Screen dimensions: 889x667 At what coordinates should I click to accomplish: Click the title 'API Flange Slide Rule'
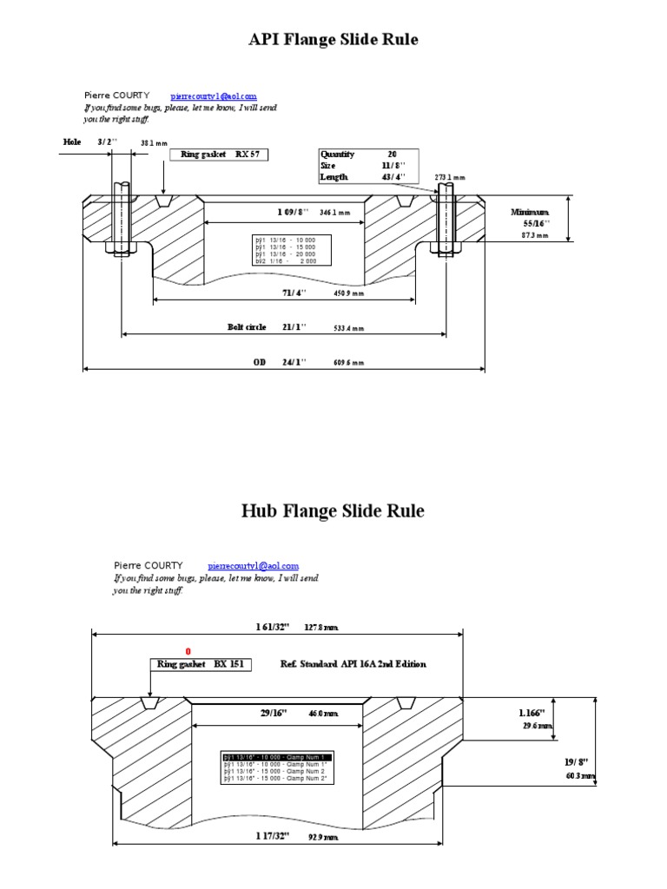point(334,40)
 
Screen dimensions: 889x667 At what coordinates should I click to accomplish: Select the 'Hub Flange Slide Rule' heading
point(333,511)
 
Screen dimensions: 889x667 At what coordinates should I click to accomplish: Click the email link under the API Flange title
point(214,95)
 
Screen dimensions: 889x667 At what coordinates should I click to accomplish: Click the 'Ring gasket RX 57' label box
point(218,155)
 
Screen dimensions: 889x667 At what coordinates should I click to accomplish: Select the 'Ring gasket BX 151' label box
point(200,664)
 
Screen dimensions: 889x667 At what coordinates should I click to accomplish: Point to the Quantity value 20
point(392,154)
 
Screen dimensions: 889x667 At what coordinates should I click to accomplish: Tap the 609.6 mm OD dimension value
point(349,363)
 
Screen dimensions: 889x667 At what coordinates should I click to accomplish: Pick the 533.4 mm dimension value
point(349,329)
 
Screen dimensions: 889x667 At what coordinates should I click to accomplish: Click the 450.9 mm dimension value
point(349,294)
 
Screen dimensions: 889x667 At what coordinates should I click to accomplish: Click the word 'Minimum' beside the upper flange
point(530,212)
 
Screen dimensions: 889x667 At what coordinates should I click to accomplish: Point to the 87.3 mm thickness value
point(535,235)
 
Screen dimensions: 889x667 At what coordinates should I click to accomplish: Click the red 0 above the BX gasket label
point(187,651)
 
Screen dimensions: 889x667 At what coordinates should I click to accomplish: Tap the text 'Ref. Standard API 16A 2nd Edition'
point(353,664)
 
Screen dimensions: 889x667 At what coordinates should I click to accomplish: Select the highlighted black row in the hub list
point(278,757)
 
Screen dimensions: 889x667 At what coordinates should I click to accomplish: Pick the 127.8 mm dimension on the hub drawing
point(321,626)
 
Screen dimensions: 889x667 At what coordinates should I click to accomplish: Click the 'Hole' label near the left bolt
point(72,141)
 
